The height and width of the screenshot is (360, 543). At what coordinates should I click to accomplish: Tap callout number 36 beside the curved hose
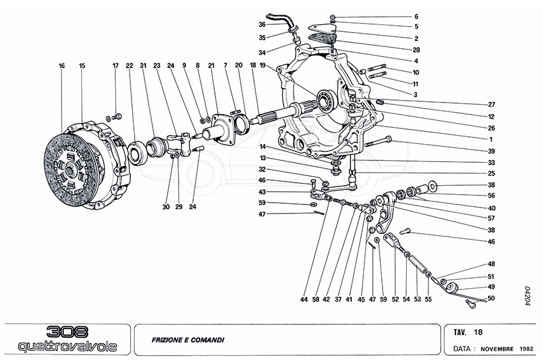(x=262, y=25)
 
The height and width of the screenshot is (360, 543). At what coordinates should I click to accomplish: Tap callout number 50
(x=491, y=298)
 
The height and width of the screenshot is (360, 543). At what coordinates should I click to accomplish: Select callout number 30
(x=166, y=207)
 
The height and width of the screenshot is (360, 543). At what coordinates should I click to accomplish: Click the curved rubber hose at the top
(x=279, y=20)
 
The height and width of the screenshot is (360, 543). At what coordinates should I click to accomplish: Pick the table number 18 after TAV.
(x=477, y=332)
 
